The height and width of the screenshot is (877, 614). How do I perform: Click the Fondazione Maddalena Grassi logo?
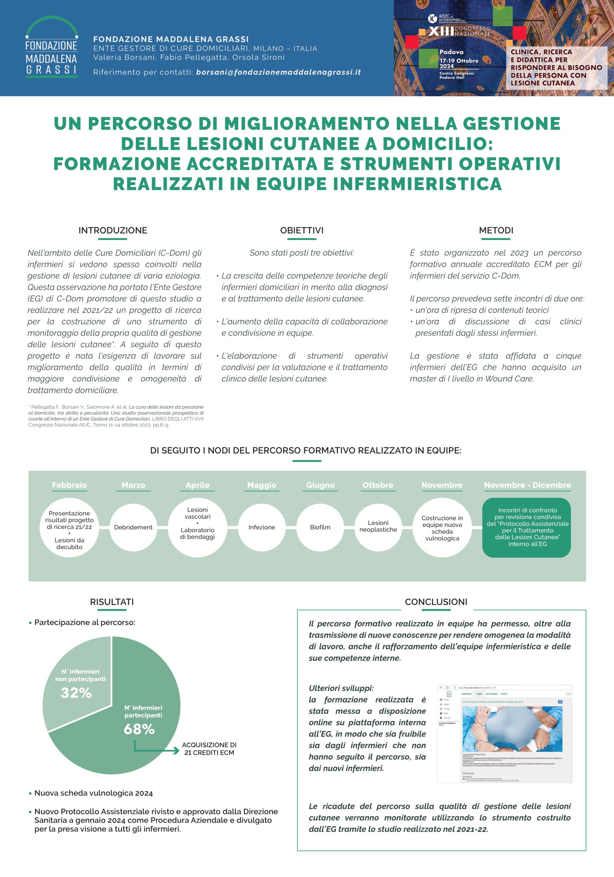tap(52, 47)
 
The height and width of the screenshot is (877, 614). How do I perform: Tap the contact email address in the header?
tap(278, 72)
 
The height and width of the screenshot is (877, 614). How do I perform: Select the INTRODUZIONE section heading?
tap(113, 230)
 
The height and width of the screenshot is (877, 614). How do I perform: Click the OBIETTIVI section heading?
tap(302, 230)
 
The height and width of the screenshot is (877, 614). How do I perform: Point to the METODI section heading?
tap(496, 230)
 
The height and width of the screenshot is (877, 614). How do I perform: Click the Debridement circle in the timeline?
tap(133, 527)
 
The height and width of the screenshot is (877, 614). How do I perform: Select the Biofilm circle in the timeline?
tap(320, 527)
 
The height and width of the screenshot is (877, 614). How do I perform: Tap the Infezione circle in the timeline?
tap(262, 527)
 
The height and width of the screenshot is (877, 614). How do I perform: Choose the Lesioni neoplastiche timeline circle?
tap(378, 526)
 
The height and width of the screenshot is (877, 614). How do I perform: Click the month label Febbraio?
tap(69, 485)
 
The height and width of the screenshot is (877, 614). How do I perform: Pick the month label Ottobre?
tap(378, 485)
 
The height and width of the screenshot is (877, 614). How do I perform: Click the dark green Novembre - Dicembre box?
tap(527, 527)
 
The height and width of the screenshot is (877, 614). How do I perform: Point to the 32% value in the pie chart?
tap(76, 692)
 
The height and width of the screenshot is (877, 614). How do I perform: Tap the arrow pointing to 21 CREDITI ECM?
tap(157, 750)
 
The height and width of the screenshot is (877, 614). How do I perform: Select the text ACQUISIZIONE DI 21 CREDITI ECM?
tap(209, 749)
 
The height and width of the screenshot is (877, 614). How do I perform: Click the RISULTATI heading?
tap(112, 602)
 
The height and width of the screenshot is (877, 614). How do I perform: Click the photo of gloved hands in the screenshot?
tap(512, 729)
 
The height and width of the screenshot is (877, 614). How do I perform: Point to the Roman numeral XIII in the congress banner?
tap(441, 31)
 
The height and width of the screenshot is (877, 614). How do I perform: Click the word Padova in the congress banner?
tap(451, 52)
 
